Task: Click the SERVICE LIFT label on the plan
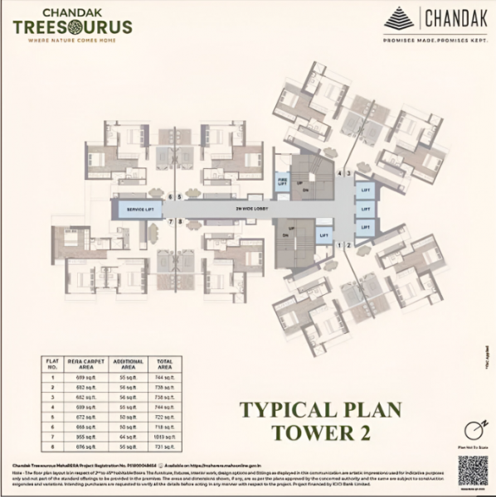pos(139,210)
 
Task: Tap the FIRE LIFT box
pos(282,181)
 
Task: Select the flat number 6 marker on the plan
pos(170,197)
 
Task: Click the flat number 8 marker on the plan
pos(179,222)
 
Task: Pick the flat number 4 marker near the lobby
pos(340,172)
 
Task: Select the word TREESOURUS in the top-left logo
pos(72,26)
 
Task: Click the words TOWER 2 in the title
pos(320,432)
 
